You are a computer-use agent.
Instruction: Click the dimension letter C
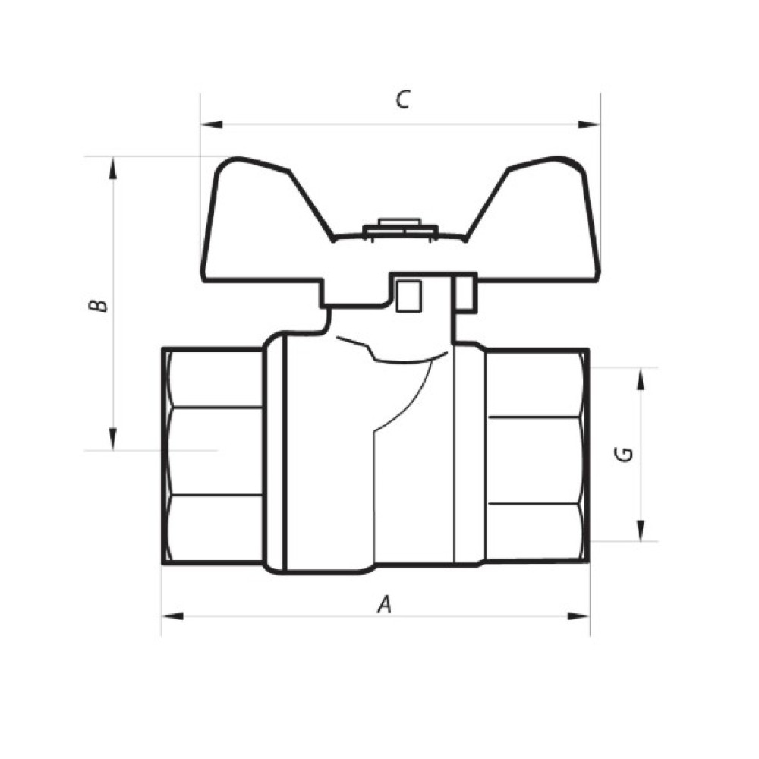[x=403, y=99]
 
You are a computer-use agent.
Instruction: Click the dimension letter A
[x=384, y=605]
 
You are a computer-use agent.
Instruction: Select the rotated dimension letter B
[x=98, y=306]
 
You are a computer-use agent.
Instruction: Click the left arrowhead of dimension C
[x=212, y=124]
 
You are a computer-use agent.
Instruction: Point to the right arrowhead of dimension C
[x=589, y=124]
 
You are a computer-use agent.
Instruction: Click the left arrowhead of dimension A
[x=173, y=616]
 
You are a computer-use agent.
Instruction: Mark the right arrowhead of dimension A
[x=579, y=616]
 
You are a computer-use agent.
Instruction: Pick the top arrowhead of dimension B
[x=113, y=168]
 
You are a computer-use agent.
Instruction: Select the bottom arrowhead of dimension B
[x=113, y=439]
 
